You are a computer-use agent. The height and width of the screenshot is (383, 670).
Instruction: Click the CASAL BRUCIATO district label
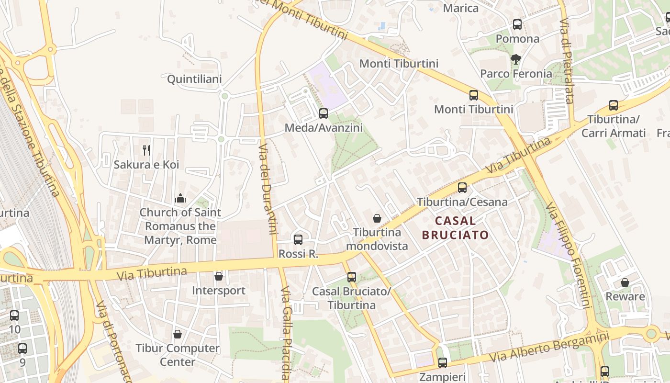point(455,228)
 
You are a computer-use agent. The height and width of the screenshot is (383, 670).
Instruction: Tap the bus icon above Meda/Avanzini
point(324,113)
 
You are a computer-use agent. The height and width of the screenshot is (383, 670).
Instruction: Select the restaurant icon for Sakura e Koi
point(146,150)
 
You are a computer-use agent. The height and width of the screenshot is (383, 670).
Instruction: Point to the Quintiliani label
point(194,79)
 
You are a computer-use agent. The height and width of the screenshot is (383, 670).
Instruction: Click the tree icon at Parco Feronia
point(515,59)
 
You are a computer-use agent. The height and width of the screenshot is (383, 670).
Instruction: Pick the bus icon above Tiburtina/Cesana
point(462,188)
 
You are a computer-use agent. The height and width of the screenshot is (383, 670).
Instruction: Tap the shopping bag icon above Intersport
point(219,276)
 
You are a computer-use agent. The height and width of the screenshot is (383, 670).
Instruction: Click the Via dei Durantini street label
point(268,189)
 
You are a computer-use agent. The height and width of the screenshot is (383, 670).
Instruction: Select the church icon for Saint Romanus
point(180,198)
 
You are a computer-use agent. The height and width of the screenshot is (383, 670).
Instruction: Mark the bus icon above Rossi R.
point(298,240)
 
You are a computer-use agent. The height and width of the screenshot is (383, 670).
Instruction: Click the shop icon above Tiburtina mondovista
point(377,218)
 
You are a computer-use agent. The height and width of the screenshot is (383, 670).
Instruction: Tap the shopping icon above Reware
point(625,282)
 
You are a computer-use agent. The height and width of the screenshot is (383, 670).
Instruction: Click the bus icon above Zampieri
point(443,362)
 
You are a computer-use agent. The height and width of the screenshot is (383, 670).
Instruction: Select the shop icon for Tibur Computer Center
point(178,334)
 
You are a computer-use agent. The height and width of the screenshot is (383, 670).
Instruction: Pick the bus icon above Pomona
point(517,24)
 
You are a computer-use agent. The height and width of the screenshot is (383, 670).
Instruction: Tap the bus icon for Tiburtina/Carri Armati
point(614,105)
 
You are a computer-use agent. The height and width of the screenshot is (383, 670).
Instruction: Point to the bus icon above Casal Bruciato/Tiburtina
point(352,277)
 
